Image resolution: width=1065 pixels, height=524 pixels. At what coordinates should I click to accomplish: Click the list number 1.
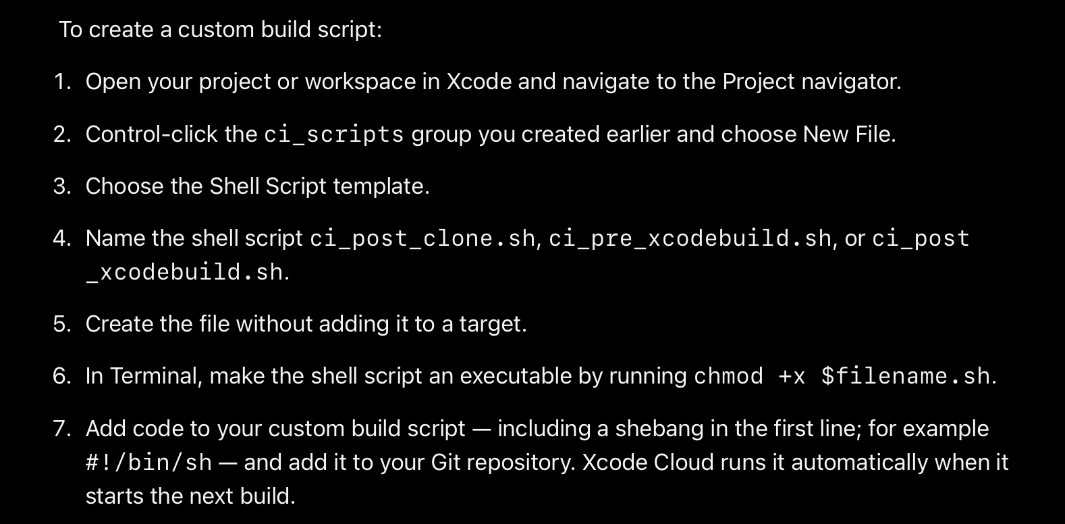pyautogui.click(x=61, y=82)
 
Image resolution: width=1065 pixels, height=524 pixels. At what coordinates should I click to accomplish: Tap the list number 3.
pyautogui.click(x=61, y=186)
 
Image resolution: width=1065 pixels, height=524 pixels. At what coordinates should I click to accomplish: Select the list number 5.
pyautogui.click(x=61, y=324)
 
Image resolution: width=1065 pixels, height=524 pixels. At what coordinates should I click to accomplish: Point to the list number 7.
pyautogui.click(x=61, y=429)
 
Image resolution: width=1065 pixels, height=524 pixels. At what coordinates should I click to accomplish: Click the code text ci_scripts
pyautogui.click(x=333, y=134)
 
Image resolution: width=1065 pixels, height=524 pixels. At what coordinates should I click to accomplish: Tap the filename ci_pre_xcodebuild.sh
pyautogui.click(x=690, y=238)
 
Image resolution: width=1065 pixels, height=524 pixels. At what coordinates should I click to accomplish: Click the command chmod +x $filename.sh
pyautogui.click(x=842, y=376)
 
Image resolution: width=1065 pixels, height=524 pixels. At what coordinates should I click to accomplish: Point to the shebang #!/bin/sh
pyautogui.click(x=148, y=463)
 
